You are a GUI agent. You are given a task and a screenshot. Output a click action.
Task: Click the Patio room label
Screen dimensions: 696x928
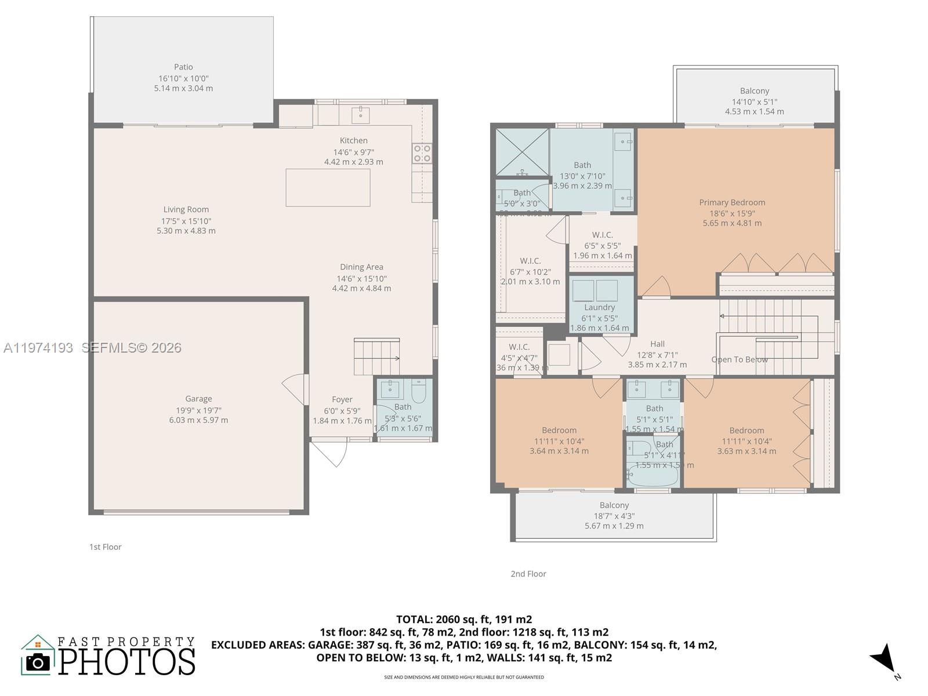(x=183, y=67)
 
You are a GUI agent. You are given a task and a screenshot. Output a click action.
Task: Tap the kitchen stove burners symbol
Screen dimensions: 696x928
(x=422, y=153)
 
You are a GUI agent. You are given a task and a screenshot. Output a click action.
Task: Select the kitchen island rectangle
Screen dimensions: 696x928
(x=328, y=187)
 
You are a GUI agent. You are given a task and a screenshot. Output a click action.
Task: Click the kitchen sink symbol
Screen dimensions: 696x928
(x=361, y=113)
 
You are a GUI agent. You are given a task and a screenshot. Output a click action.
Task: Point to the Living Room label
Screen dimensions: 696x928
(x=186, y=209)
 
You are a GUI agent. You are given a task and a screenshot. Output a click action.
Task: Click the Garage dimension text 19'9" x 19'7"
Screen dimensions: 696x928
(x=198, y=409)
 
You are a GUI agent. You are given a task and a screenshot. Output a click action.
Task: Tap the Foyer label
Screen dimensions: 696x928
(x=342, y=400)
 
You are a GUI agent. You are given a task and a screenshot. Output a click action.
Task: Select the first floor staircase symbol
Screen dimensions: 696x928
(x=376, y=357)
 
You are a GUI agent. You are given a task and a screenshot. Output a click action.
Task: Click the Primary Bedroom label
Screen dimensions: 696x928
(x=732, y=202)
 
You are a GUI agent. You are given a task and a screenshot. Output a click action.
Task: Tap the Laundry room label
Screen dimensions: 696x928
(x=599, y=307)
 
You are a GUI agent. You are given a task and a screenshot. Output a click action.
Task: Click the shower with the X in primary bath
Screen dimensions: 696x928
(x=522, y=152)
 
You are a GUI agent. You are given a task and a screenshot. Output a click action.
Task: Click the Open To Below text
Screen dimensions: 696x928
(x=739, y=360)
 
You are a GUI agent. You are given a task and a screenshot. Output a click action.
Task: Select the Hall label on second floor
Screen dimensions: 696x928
(x=657, y=344)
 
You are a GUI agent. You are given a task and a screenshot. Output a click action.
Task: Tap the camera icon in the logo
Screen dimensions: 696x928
(x=38, y=662)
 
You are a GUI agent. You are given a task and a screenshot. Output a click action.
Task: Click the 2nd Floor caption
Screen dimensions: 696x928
(x=528, y=574)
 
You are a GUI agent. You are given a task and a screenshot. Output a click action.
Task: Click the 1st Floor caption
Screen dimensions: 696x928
(x=105, y=547)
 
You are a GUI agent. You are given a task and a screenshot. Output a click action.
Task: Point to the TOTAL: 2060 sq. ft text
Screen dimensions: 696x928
(x=463, y=619)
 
